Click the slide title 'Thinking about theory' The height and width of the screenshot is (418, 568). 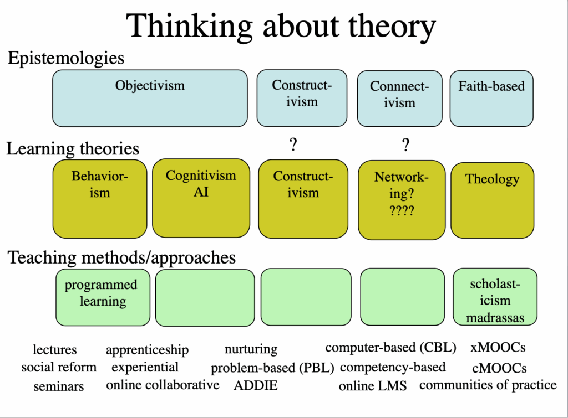tap(281, 25)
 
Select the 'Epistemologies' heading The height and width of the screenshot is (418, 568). tap(65, 58)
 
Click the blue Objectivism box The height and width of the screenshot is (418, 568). tap(150, 98)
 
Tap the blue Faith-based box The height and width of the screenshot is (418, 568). tap(491, 98)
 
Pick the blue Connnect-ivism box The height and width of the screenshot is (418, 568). tap(399, 98)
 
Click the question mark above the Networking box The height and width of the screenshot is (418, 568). tap(406, 146)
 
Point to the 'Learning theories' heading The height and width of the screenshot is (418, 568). tap(73, 148)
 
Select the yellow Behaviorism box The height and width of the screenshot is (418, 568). tap(100, 198)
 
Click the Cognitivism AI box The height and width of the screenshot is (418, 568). tap(201, 198)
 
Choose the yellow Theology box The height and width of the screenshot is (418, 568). tap(492, 198)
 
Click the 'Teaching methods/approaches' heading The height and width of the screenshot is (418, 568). tap(121, 257)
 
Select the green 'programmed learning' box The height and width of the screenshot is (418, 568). tap(103, 297)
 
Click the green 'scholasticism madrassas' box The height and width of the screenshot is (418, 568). tap(495, 297)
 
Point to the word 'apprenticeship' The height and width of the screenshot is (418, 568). tap(147, 350)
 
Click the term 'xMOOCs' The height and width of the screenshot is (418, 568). tap(498, 348)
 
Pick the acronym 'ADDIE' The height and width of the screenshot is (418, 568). tap(255, 385)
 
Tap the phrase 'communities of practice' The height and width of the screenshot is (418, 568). tap(488, 384)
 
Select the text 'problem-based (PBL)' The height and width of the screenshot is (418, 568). tap(272, 368)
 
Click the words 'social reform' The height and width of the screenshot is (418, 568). tap(59, 367)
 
